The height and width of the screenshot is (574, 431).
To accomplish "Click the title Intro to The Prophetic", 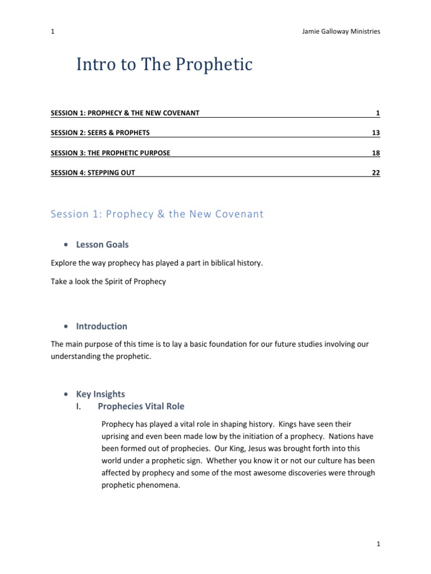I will pos(164,65).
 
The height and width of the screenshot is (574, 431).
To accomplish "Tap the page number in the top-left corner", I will pos(52,31).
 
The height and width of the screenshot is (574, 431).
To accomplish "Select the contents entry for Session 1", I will pos(125,113).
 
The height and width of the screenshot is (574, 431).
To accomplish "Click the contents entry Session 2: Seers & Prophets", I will pos(100,133).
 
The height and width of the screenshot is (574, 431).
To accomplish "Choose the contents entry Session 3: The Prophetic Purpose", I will pos(111,152).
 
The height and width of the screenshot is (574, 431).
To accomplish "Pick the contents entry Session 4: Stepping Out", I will pos(93,172).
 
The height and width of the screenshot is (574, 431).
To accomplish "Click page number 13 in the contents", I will pos(375,133).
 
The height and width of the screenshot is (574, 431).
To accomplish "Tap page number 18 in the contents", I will pos(375,152).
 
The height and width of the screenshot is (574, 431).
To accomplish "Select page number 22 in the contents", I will pos(375,172).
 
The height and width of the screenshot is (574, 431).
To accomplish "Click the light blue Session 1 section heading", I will pos(157,214).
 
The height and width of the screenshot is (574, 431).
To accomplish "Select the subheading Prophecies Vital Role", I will pos(141,406).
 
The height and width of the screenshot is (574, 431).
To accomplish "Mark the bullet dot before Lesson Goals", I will pos(67,245).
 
